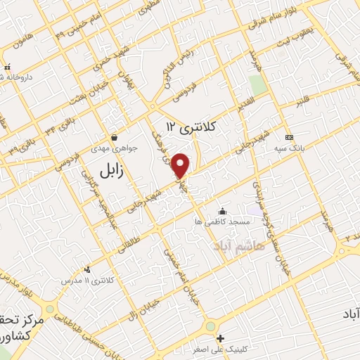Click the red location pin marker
181,165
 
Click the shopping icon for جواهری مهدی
114,136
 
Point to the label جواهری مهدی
112,148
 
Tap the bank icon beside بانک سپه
288,136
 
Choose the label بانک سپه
289,148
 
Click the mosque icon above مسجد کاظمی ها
223,210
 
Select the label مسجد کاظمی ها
223,221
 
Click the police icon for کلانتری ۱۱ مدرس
87,269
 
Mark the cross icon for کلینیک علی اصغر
220,338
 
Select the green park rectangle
258,84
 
